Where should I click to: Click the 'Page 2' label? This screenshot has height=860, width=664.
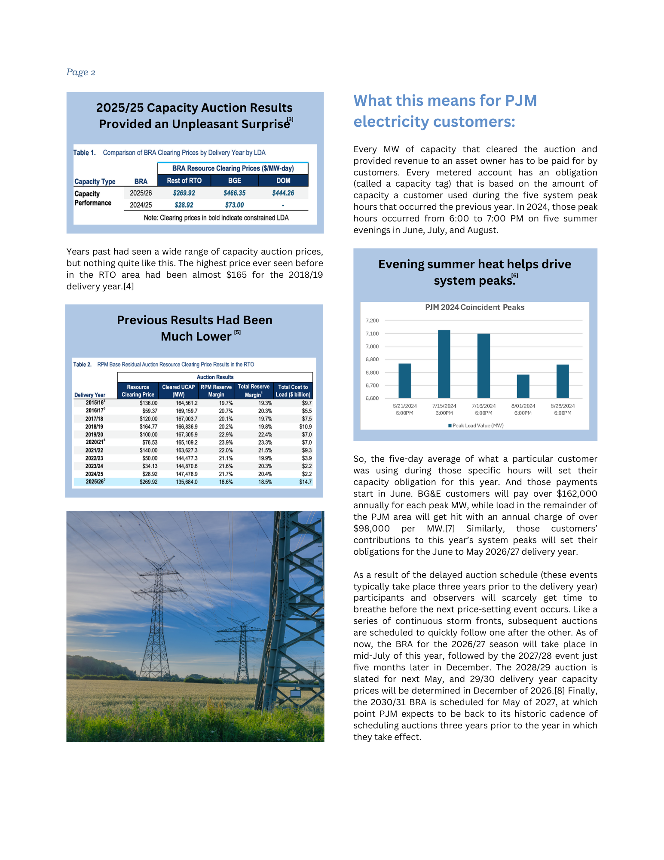80,72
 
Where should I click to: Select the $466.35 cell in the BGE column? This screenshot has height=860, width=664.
234,193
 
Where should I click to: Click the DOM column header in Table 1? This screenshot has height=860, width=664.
283,181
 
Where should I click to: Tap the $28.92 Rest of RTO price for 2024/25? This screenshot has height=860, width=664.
184,205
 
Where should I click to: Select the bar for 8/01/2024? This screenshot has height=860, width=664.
523,386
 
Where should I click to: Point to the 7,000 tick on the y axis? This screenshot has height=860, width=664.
372,347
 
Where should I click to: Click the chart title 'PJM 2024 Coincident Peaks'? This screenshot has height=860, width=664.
474,307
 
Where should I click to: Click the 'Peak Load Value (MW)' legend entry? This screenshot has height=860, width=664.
477,426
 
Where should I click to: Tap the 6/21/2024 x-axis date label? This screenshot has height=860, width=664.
404,406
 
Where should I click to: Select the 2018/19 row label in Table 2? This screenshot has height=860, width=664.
94,427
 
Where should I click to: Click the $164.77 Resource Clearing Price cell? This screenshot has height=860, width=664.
148,427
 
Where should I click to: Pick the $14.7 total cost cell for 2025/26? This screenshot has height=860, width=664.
305,482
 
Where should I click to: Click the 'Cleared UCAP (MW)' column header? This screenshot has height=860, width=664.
178,390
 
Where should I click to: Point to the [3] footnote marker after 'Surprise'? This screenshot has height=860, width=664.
291,119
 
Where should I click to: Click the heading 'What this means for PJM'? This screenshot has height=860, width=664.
445,101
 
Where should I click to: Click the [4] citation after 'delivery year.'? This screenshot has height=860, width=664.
129,286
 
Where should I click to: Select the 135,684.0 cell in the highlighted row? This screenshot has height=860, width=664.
187,482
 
